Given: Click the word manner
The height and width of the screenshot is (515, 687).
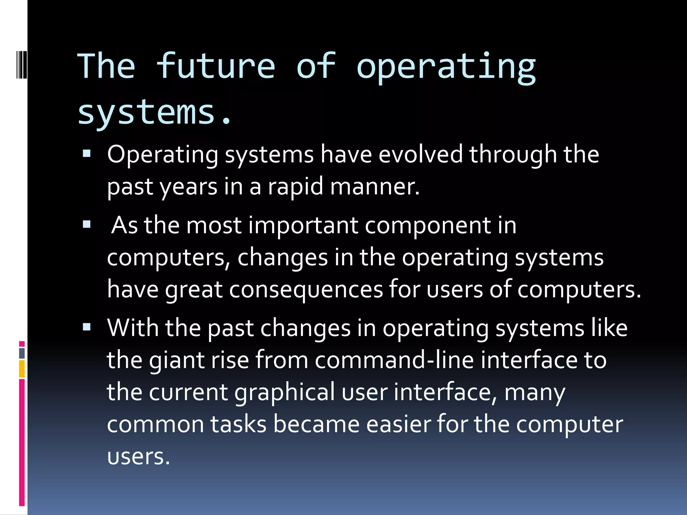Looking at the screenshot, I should pos(375,187).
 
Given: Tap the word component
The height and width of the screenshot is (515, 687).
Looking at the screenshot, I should pos(428,226).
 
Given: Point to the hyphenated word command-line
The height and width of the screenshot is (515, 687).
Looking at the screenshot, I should pos(394,360).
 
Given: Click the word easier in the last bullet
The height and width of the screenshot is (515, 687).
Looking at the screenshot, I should pos(398,424).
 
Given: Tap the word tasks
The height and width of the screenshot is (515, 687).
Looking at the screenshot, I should pos(238,424).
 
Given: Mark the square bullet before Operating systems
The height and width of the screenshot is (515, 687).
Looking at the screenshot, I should pos(87,154).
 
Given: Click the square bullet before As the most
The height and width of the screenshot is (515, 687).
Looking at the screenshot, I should pos(87,224).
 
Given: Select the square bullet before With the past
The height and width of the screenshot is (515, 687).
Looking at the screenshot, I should pos(87,327).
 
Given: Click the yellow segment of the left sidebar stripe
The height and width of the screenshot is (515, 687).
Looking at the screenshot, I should pos(22,369).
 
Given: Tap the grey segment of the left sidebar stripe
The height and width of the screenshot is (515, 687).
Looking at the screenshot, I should pos(22,353).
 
